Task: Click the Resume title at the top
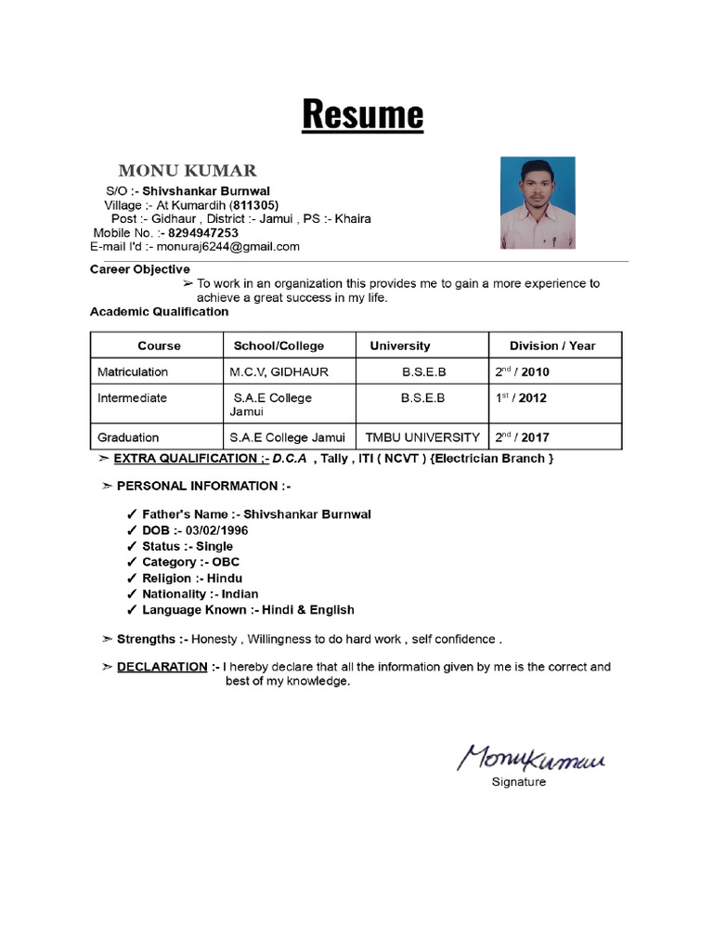[x=363, y=115]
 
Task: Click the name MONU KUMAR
[x=187, y=171]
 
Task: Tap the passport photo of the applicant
[x=538, y=202]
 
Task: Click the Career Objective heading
[x=139, y=269]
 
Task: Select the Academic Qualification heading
[x=159, y=312]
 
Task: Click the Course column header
[x=159, y=345]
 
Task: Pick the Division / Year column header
[x=552, y=345]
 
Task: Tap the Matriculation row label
[x=133, y=372]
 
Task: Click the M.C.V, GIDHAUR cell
[x=279, y=372]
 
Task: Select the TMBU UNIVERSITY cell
[x=422, y=437]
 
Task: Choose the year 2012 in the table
[x=533, y=398]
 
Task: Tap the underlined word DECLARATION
[x=162, y=667]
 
